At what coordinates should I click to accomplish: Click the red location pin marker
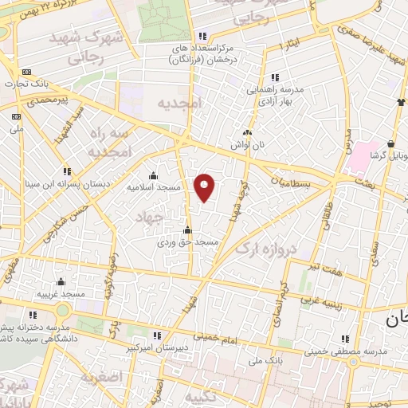[x=205, y=188]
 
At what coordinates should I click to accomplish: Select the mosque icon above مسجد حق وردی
[x=187, y=230]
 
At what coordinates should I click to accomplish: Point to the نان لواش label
[x=247, y=144]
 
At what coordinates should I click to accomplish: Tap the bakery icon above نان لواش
[x=248, y=133]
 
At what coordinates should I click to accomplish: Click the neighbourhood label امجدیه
[x=181, y=104]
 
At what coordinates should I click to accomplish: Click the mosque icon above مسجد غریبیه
[x=61, y=281]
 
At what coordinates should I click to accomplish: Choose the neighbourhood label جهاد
[x=149, y=216]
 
